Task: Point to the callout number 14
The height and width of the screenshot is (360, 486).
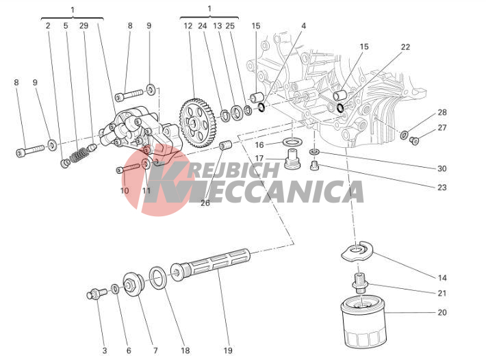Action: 442,278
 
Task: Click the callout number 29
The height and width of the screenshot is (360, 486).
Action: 84,26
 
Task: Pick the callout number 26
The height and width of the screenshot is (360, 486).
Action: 205,203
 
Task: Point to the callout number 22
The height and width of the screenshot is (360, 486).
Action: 405,47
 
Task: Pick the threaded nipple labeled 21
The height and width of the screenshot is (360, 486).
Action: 359,281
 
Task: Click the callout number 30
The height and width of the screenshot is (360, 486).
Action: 442,168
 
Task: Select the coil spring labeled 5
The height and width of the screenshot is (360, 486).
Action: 78,150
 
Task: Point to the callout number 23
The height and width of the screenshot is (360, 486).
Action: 442,187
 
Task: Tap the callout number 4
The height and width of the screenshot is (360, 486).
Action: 303,26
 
